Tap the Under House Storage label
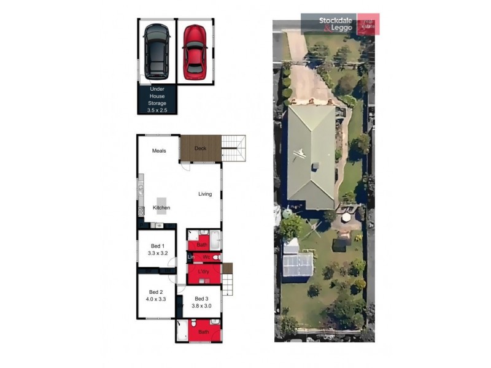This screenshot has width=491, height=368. point(157,99)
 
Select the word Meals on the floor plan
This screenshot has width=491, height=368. point(160,150)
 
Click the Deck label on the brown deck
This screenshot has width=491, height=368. point(200,148)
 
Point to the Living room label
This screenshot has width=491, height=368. point(204,194)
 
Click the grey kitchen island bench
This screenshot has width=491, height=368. point(162,204)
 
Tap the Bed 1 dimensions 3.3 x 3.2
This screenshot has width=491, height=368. point(158,252)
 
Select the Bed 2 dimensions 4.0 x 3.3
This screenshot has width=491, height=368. point(155,299)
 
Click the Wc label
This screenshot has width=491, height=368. point(206,257)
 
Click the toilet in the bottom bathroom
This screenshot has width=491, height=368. point(194,322)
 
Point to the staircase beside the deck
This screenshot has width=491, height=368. point(233,148)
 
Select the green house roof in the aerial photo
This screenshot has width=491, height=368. point(312,156)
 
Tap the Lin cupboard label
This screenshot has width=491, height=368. point(190,257)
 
